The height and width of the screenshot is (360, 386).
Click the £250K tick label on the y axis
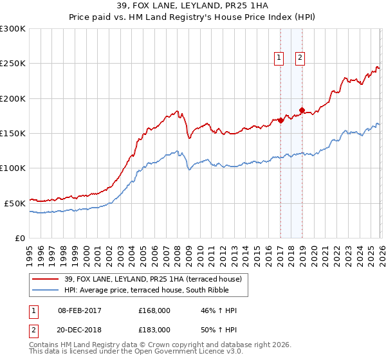tap(13, 64)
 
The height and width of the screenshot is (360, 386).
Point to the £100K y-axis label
tap(13, 168)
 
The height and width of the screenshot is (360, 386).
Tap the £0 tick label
tap(21, 238)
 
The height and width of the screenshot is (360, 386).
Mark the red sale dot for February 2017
tap(280, 120)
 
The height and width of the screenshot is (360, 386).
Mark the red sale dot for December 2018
tap(302, 110)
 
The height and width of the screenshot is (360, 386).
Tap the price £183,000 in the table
tap(154, 329)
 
